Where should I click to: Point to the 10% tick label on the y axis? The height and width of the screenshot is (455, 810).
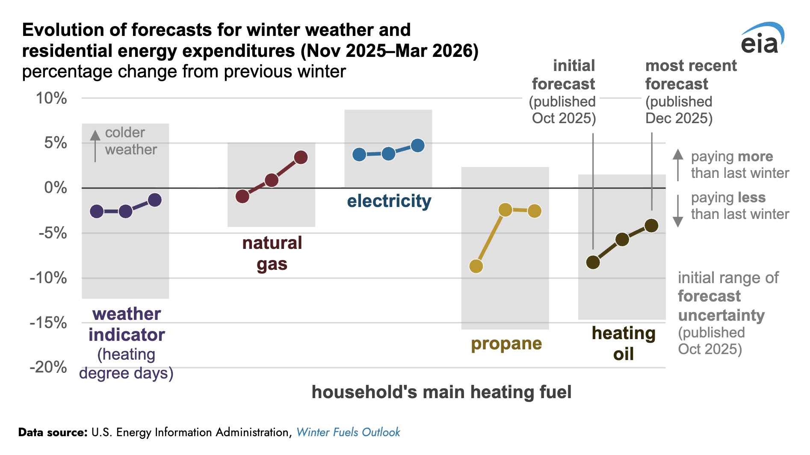[x=51, y=98]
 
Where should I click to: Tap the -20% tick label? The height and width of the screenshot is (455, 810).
[x=48, y=367]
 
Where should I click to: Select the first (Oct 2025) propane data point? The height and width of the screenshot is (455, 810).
[x=476, y=266]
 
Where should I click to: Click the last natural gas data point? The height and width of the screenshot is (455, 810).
[x=301, y=157]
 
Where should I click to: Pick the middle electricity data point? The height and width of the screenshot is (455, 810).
[x=388, y=154]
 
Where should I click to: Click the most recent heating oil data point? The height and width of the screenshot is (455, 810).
[x=651, y=225]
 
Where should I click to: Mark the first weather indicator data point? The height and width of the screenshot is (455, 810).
[x=97, y=211]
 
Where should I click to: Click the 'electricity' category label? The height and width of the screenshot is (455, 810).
[x=389, y=201]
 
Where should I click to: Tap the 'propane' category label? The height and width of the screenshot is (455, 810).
[x=506, y=343]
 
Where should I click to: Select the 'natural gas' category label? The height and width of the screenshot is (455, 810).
[x=272, y=254]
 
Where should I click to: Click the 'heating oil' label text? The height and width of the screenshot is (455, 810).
[x=624, y=343]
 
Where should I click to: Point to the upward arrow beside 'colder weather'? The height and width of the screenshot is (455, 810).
[x=95, y=145]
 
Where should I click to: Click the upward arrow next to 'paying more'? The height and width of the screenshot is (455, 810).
[x=678, y=165]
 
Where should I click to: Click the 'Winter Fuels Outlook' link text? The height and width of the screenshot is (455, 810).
[x=348, y=432]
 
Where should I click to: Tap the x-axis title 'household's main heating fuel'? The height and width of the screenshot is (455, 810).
[x=441, y=392]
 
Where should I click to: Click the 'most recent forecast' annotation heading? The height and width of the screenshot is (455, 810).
[x=690, y=75]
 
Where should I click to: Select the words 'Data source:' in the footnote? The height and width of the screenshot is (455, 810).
[x=53, y=432]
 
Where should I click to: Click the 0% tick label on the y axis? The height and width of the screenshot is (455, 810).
[x=55, y=188]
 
